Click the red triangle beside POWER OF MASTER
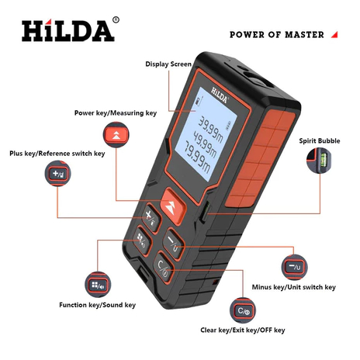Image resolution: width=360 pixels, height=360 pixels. tap(334, 34)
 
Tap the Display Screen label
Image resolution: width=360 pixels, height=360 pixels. tap(169, 64)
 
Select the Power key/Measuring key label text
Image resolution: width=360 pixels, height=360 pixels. tap(116, 112)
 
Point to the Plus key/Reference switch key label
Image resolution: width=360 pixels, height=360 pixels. tap(57, 154)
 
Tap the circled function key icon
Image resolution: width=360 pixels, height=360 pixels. tap(95, 283)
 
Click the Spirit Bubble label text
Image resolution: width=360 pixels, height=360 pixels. tap(320, 140)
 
